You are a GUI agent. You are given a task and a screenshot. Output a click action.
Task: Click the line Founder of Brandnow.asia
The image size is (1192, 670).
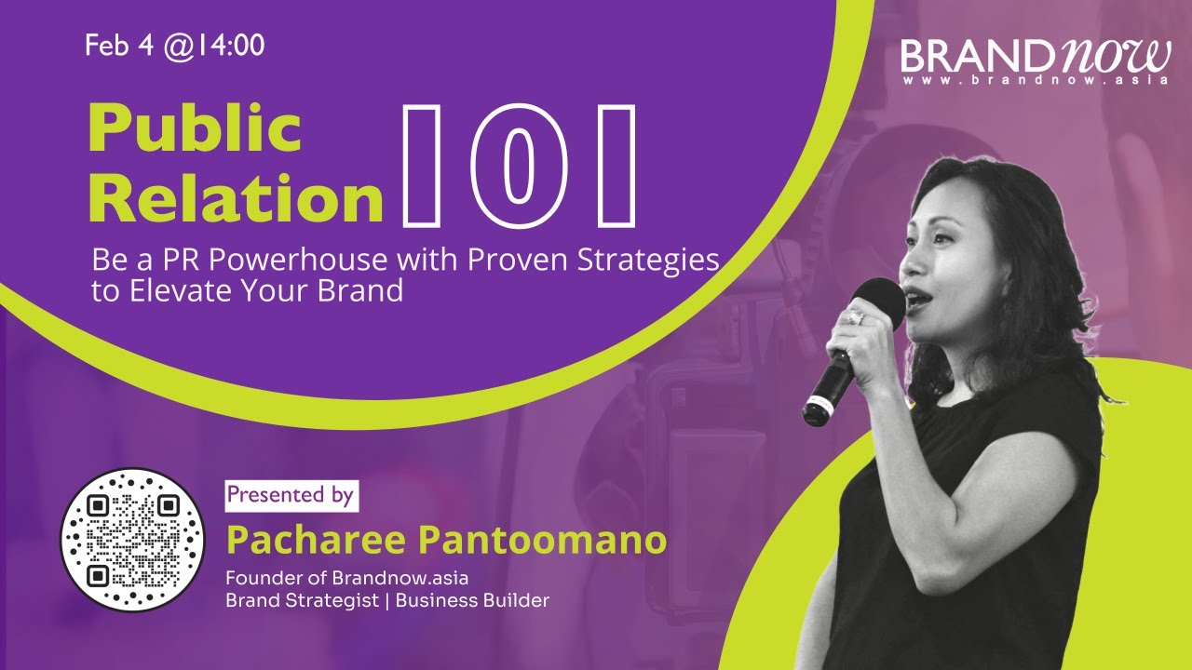346,578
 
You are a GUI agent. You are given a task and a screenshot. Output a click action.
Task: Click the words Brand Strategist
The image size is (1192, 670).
302,600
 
